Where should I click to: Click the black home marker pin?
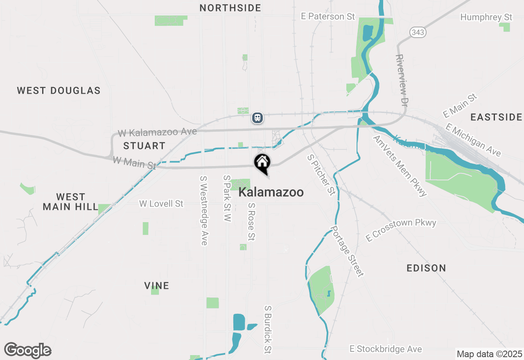[262, 162]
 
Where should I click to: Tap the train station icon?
[257, 118]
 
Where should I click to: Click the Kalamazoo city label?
[271, 192]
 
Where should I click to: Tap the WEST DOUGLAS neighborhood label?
[59, 90]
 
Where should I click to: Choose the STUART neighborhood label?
[144, 146]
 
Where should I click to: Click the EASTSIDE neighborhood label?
[496, 117]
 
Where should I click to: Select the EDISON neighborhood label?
[426, 268]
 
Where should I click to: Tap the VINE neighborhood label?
[156, 286]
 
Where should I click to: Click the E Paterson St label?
[328, 16]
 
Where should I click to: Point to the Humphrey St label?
[486, 17]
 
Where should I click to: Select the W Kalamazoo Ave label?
[157, 133]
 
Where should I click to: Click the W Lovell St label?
[161, 203]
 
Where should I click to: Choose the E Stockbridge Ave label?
[385, 349]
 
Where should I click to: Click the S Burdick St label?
[268, 329]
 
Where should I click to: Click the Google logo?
[27, 350]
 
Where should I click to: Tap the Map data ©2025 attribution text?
[489, 354]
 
